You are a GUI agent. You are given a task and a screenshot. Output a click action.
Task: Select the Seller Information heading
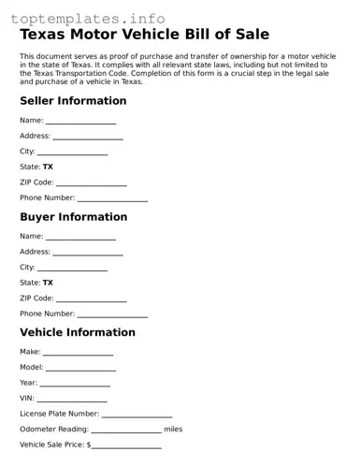[73, 101]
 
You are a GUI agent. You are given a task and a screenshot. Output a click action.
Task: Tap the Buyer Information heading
[73, 217]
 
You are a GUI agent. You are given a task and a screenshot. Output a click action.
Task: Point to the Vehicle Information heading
[77, 332]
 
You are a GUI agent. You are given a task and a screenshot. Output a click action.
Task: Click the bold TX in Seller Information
[48, 167]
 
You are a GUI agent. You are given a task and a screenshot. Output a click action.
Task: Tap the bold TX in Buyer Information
[48, 283]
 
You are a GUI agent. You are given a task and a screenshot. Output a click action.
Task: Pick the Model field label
[31, 368]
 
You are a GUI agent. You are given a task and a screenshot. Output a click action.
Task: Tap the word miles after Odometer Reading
[173, 430]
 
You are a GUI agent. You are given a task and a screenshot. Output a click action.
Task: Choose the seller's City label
[27, 152]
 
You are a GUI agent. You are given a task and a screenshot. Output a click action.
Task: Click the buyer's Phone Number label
[47, 314]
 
